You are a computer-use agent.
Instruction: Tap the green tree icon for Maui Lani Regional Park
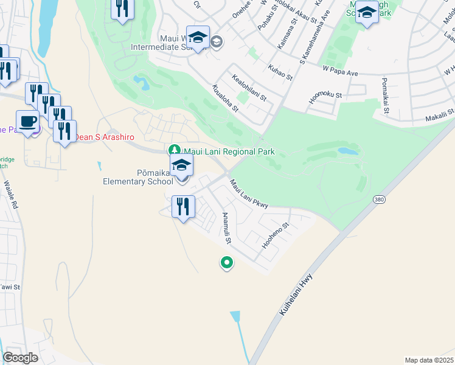point(174,150)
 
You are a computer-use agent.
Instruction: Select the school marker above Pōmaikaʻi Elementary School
point(181,165)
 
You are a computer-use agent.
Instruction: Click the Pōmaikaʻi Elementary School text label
point(138,176)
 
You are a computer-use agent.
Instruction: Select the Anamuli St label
point(226,228)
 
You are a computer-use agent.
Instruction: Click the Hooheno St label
point(275,235)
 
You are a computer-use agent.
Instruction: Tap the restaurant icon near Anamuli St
point(182,207)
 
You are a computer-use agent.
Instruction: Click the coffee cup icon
point(27,121)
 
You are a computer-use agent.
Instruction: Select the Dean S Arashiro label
point(104,137)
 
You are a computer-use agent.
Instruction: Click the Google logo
point(20,358)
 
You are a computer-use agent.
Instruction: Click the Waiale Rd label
point(11,194)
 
